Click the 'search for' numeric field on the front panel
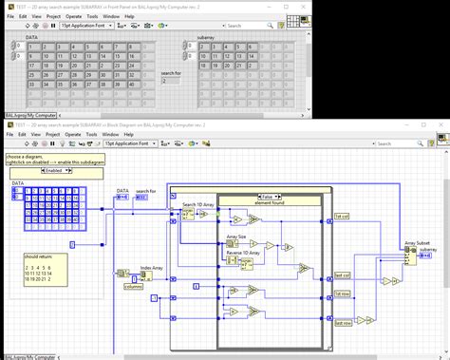(172, 82)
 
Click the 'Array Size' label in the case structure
(236, 236)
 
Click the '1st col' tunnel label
(342, 217)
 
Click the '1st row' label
(342, 294)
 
